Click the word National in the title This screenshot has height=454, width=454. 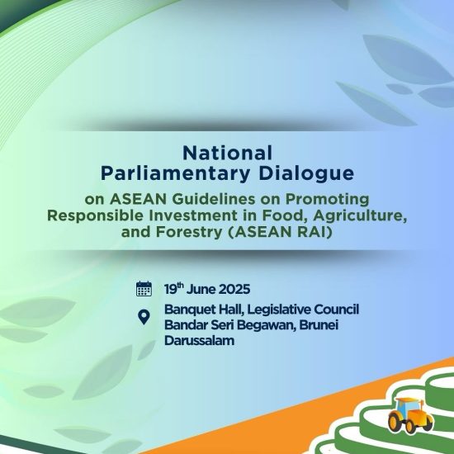pyautogui.click(x=227, y=153)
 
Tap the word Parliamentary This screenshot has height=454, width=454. pyautogui.click(x=175, y=174)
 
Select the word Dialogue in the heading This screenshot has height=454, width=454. pyautogui.click(x=306, y=173)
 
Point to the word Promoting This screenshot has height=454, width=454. pyautogui.click(x=328, y=200)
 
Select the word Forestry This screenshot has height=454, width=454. pyautogui.click(x=189, y=232)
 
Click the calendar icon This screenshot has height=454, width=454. pyautogui.click(x=144, y=288)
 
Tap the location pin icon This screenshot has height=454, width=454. pyautogui.click(x=144, y=317)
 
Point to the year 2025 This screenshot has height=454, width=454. pyautogui.click(x=234, y=289)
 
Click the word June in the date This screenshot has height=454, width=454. pyautogui.click(x=201, y=289)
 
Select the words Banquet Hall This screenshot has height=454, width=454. pyautogui.click(x=204, y=310)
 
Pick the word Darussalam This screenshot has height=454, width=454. pyautogui.click(x=199, y=340)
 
